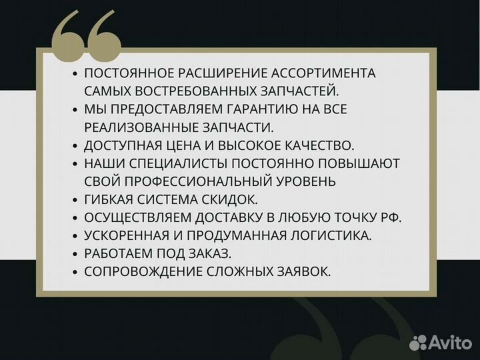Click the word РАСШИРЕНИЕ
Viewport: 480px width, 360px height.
[211, 73]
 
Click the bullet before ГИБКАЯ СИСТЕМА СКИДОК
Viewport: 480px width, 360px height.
[75, 199]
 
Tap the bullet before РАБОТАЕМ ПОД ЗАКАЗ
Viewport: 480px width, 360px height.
[75, 253]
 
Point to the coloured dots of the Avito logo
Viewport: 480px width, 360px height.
[418, 343]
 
